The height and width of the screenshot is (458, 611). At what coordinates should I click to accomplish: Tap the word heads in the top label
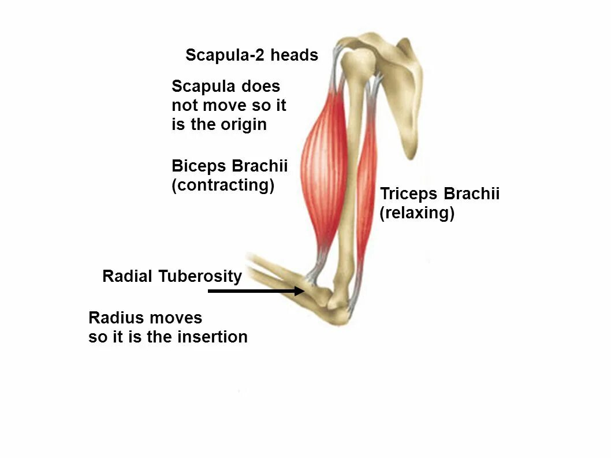(294, 55)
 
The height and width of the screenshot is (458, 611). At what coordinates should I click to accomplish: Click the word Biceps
(199, 166)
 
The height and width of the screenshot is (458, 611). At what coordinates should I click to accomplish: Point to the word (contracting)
(223, 185)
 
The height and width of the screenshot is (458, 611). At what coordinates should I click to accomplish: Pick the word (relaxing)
(417, 213)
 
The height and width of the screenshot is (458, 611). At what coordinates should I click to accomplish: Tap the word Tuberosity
(200, 277)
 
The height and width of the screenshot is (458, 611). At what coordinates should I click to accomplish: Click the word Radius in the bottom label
(117, 318)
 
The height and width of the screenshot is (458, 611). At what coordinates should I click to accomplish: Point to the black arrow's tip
(304, 291)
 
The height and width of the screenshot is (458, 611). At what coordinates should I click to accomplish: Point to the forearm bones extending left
(271, 274)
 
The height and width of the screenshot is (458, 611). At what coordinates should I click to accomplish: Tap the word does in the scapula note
(260, 87)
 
